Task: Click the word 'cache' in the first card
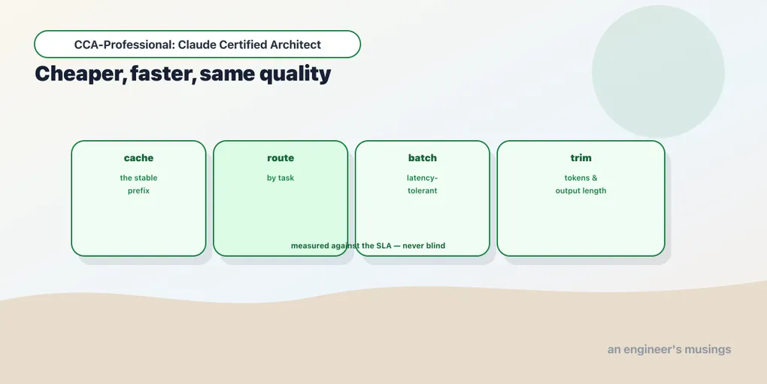point(138,157)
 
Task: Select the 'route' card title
point(280,157)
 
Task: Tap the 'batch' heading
point(422,157)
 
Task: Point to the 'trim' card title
point(581,157)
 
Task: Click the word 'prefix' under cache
point(138,190)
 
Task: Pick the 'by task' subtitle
point(280,178)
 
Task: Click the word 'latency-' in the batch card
point(422,178)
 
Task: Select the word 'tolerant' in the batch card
point(422,190)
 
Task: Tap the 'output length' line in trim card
point(581,190)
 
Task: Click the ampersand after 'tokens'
point(594,178)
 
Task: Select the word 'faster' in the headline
point(163,74)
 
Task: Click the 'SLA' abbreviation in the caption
point(383,245)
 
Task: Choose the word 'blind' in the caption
point(435,245)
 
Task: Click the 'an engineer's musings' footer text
point(669,349)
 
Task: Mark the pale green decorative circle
point(658,72)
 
